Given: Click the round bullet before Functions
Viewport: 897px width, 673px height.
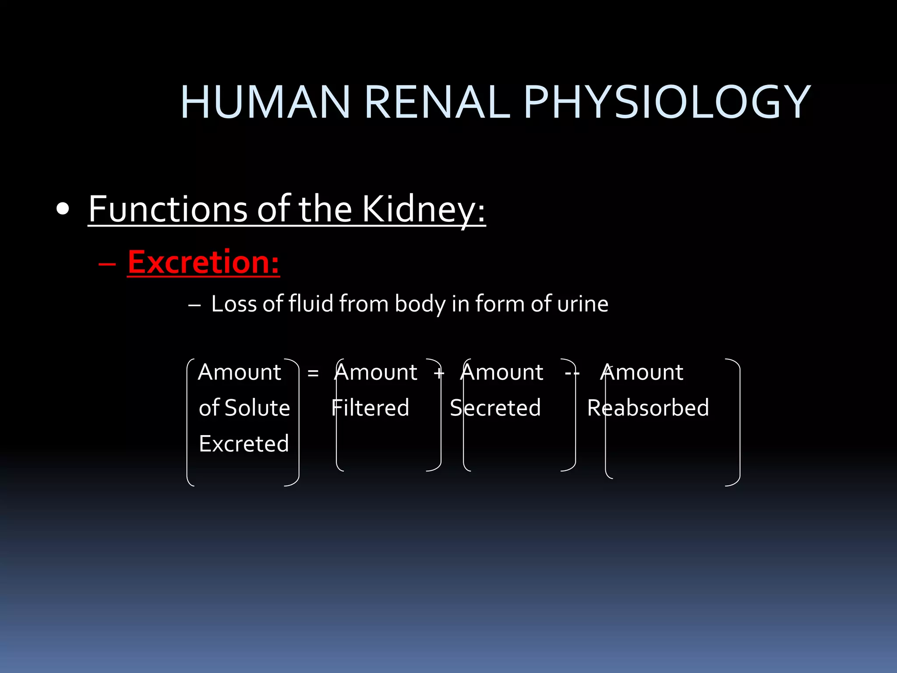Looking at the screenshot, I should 63,209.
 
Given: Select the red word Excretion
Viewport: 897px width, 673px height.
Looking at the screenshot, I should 203,262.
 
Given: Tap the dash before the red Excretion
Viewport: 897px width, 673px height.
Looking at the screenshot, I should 107,264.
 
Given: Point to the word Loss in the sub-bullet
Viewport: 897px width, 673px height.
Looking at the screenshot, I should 233,304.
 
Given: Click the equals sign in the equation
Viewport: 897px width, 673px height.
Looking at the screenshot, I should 313,373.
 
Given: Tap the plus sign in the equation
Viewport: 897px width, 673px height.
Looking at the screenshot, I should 439,373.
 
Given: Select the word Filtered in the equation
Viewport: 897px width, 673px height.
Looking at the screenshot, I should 371,408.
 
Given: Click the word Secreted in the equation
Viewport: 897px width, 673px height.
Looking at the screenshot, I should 495,408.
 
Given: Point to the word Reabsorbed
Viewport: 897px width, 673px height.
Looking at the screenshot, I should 648,408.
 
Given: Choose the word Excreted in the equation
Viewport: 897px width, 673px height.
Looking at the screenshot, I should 244,443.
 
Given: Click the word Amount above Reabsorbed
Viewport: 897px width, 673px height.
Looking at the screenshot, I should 642,372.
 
